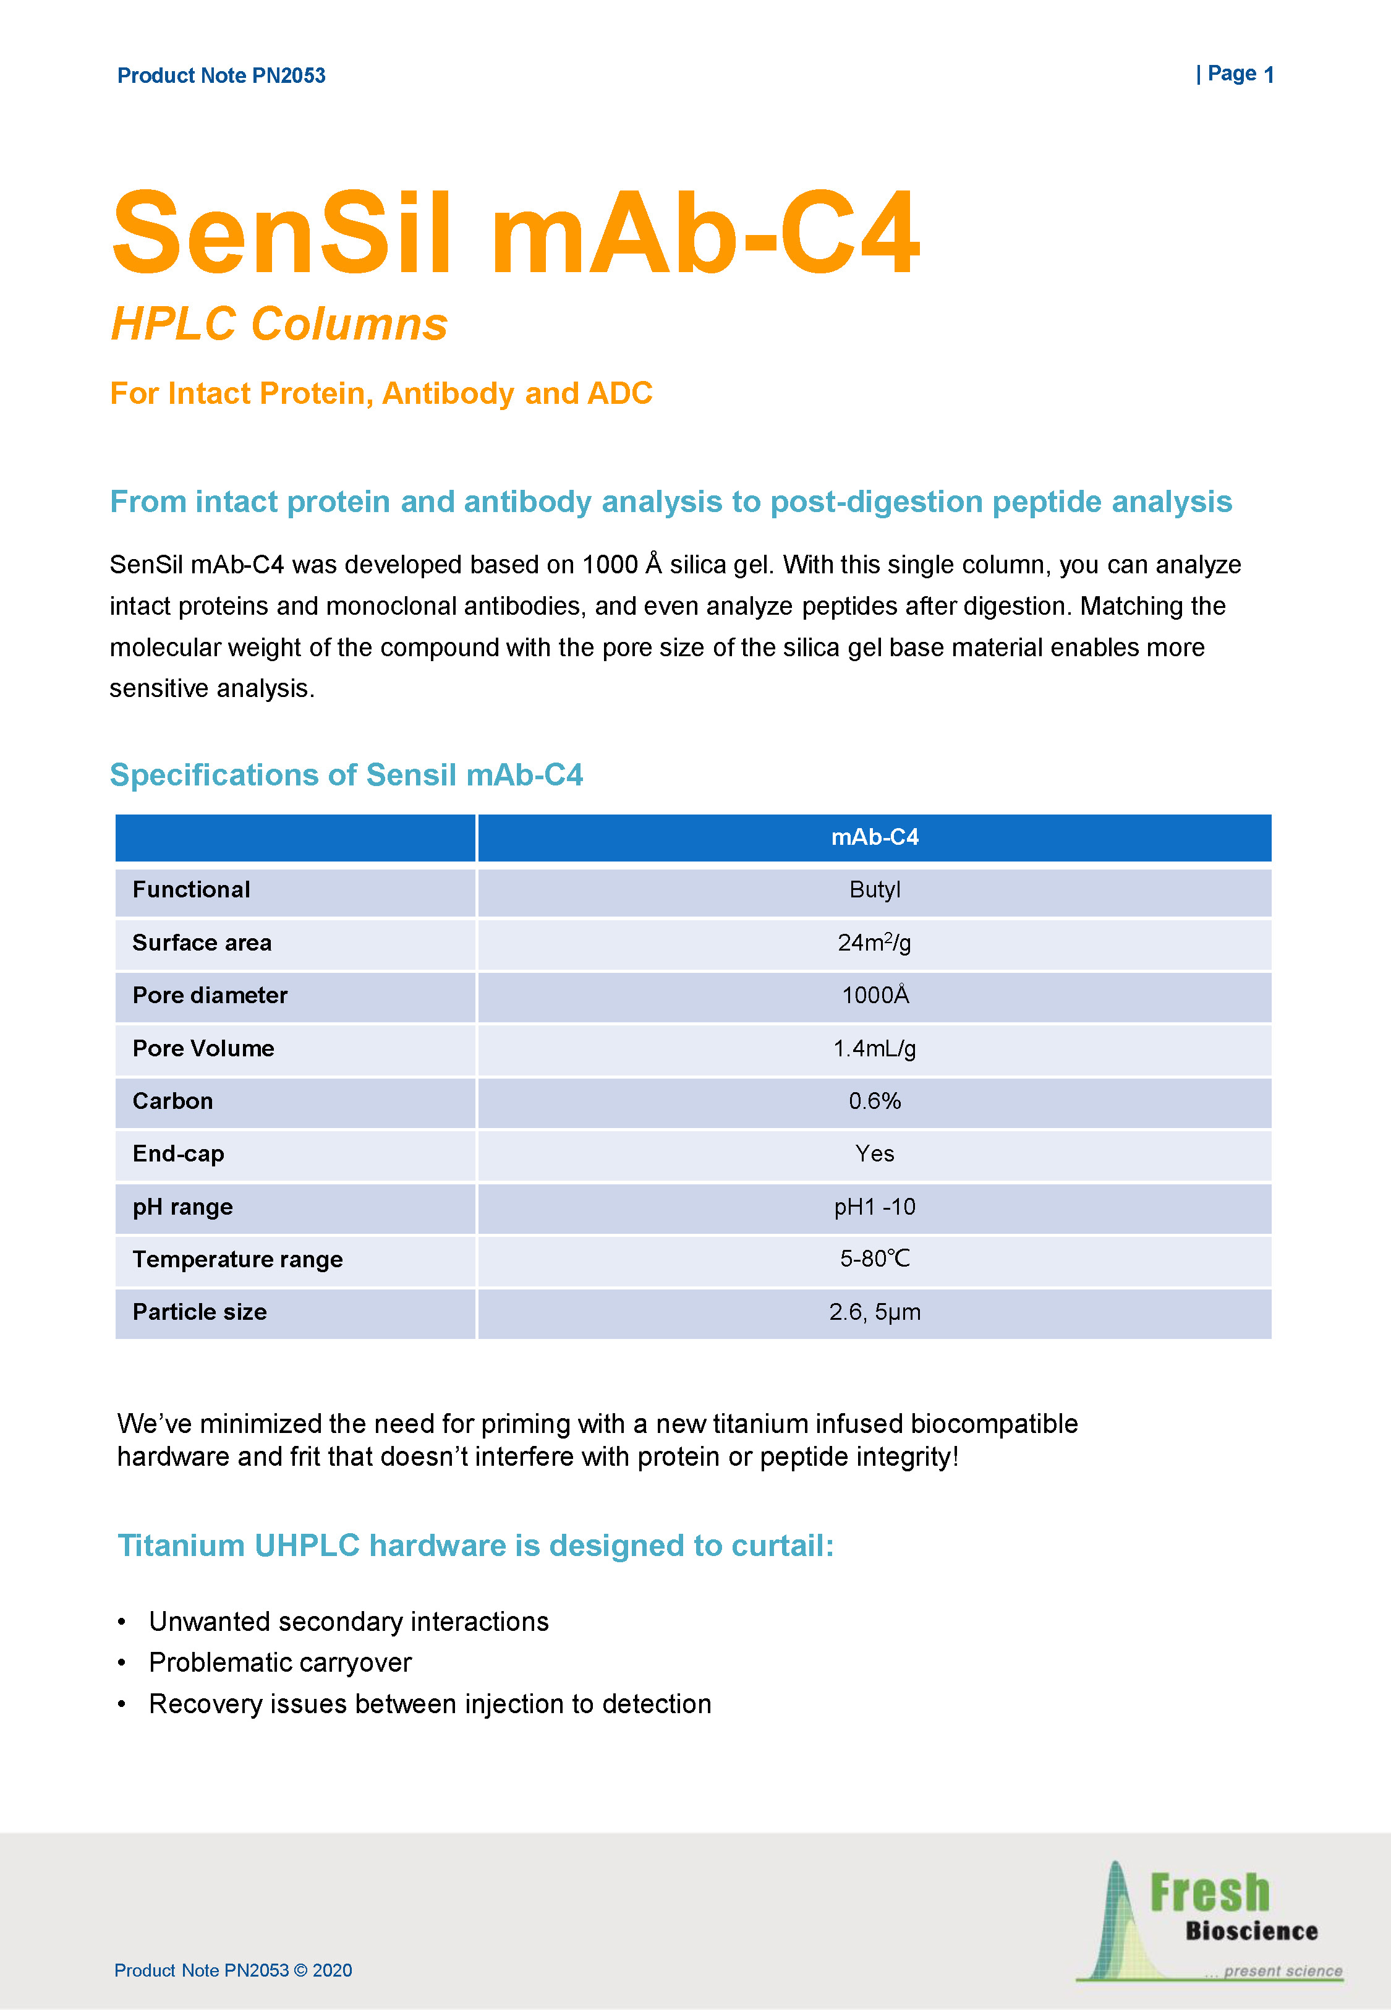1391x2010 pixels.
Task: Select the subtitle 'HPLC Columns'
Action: (x=279, y=324)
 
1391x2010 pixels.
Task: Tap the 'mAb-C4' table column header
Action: (x=874, y=837)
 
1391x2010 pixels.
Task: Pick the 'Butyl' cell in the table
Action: (x=874, y=890)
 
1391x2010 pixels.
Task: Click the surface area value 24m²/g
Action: (x=874, y=943)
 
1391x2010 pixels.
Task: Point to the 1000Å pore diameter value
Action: (x=874, y=995)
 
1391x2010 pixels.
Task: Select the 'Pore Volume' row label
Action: (x=203, y=1048)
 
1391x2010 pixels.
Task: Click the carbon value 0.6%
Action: (x=874, y=1101)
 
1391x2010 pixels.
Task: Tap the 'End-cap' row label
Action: (x=178, y=1154)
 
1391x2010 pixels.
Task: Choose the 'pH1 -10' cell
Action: (x=874, y=1207)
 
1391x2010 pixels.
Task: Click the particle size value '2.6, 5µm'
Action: (x=874, y=1313)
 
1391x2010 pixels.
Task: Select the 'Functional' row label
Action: (x=191, y=890)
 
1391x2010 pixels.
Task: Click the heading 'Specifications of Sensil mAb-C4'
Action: (x=346, y=775)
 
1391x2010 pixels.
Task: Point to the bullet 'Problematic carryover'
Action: (x=280, y=1663)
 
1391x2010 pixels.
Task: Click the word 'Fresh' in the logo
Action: (x=1210, y=1894)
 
